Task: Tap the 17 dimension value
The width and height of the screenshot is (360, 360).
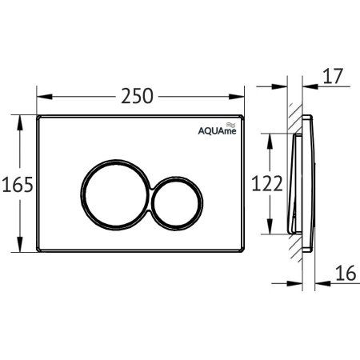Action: [x=333, y=77]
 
